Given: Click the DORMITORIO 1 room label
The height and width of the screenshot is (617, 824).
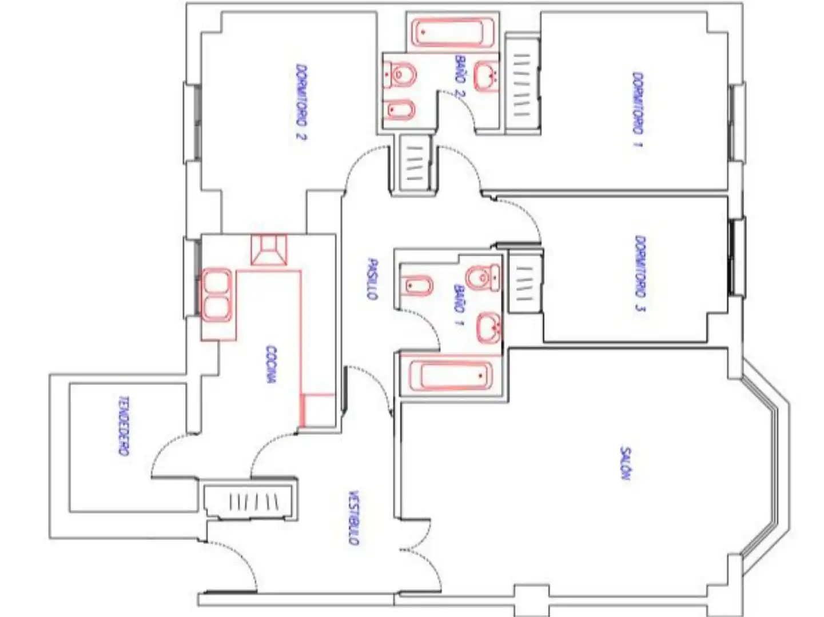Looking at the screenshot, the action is pyautogui.click(x=638, y=109).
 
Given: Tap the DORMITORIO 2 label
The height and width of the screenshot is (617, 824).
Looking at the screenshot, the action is pyautogui.click(x=301, y=102).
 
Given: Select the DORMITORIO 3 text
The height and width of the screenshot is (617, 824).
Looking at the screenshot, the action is pyautogui.click(x=640, y=274).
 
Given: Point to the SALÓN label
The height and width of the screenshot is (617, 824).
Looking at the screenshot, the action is pyautogui.click(x=625, y=463).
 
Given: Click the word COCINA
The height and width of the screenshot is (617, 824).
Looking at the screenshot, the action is pyautogui.click(x=271, y=364).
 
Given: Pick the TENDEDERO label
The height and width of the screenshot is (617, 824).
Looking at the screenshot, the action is pyautogui.click(x=124, y=426).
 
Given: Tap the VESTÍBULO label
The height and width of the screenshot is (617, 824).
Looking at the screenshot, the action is pyautogui.click(x=353, y=518).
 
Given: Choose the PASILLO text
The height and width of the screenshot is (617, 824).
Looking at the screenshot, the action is pyautogui.click(x=372, y=279).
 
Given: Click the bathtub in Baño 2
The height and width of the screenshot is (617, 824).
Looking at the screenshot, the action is pyautogui.click(x=452, y=33).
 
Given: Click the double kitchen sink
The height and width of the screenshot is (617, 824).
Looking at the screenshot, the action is pyautogui.click(x=217, y=295).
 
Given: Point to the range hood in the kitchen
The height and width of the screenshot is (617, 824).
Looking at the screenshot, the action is pyautogui.click(x=268, y=250).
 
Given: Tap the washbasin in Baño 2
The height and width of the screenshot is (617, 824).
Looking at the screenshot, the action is pyautogui.click(x=486, y=76).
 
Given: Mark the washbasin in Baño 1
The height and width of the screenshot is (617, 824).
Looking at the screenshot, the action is pyautogui.click(x=488, y=328).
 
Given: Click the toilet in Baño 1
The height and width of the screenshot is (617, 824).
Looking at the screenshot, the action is pyautogui.click(x=483, y=278).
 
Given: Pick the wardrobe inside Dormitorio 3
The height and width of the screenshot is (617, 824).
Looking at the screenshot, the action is pyautogui.click(x=525, y=281).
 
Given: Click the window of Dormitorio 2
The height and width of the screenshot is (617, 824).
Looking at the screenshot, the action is pyautogui.click(x=193, y=122).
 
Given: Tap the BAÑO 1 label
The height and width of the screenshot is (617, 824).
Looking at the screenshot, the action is pyautogui.click(x=459, y=305).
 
